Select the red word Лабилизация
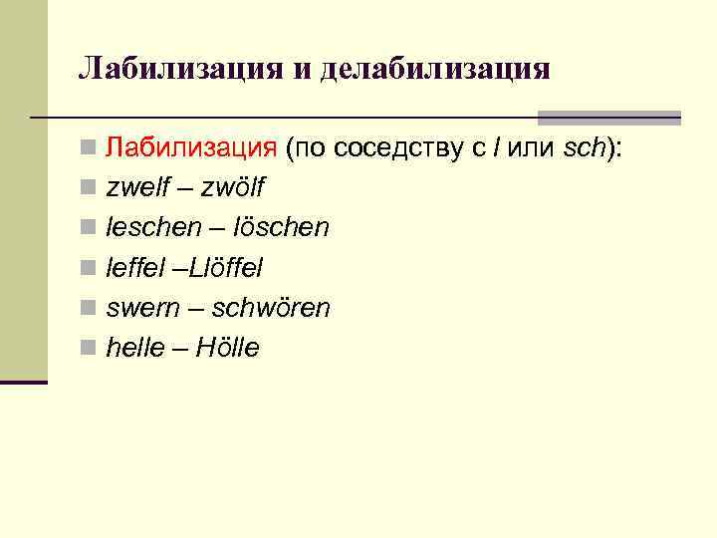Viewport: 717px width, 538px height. click(191, 148)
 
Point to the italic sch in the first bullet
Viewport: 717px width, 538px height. click(584, 148)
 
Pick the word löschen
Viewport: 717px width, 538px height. click(280, 228)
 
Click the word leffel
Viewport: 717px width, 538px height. click(135, 268)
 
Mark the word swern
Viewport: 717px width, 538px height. click(140, 308)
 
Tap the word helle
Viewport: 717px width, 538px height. click(133, 348)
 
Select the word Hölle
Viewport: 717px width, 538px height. click(227, 348)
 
